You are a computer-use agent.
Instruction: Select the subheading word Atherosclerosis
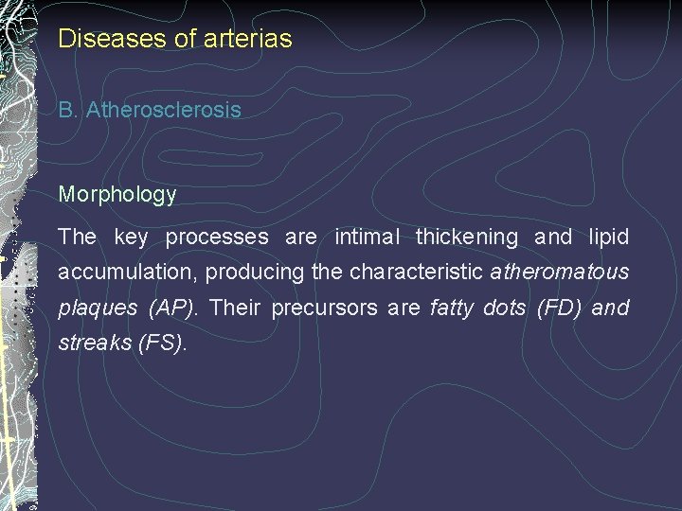pos(163,110)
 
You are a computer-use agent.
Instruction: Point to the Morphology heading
pos(117,195)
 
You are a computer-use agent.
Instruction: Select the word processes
pos(217,237)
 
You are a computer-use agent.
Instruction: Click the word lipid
pos(608,237)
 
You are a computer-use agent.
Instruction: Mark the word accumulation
pos(128,273)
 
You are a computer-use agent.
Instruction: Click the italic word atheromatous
pos(560,273)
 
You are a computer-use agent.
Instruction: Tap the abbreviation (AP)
pos(171,308)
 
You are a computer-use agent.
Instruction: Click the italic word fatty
pos(452,308)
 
